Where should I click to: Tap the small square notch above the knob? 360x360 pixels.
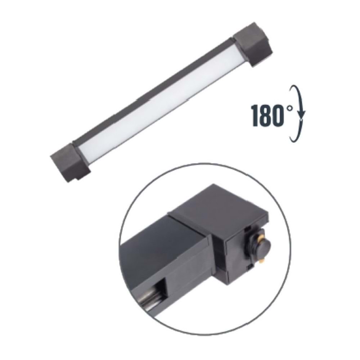(x=248, y=228)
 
